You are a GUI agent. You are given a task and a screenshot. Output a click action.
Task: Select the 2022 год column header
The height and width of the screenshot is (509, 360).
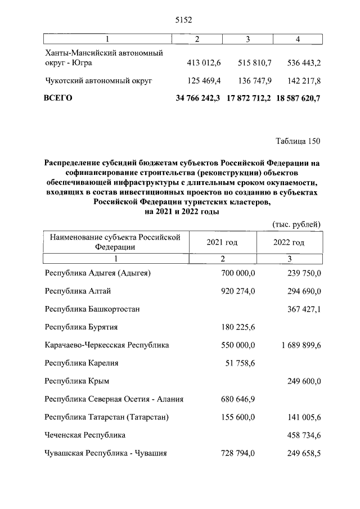point(289,242)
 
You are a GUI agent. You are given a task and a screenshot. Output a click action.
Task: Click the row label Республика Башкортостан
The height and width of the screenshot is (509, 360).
point(92,309)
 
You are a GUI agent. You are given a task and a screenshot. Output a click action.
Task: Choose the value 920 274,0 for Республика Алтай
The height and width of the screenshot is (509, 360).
point(237,291)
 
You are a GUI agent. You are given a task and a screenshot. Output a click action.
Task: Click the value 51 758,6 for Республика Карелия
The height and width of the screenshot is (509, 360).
point(240,363)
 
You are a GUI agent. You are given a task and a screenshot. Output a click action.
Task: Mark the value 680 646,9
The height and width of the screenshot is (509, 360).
point(237,399)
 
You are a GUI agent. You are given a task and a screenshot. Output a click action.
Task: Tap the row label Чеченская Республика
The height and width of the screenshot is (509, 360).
point(85,435)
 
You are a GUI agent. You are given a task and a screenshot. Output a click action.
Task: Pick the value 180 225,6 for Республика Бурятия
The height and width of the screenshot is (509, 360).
point(237,327)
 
